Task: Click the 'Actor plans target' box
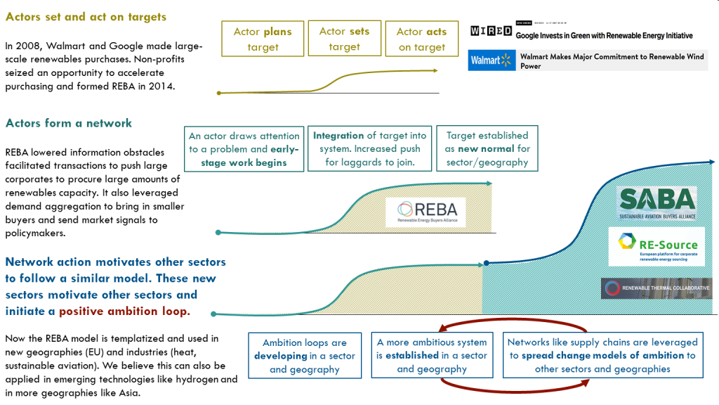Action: pyautogui.click(x=263, y=39)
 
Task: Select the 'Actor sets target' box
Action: pyautogui.click(x=344, y=39)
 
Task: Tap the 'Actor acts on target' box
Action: pyautogui.click(x=421, y=39)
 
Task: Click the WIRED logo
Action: pyautogui.click(x=491, y=31)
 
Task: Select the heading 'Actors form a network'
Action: pyautogui.click(x=69, y=123)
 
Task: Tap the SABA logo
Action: pyautogui.click(x=657, y=202)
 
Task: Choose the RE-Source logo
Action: pyautogui.click(x=657, y=245)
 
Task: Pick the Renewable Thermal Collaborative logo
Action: pyautogui.click(x=657, y=288)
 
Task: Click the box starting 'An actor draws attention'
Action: pyautogui.click(x=244, y=149)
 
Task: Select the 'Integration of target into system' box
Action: pyautogui.click(x=367, y=149)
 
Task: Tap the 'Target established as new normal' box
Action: pyautogui.click(x=487, y=148)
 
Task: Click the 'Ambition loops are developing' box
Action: pyautogui.click(x=305, y=356)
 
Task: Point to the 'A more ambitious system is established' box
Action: pyautogui.click(x=431, y=356)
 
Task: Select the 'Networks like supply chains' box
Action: pyautogui.click(x=602, y=356)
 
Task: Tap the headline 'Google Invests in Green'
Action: pyautogui.click(x=604, y=35)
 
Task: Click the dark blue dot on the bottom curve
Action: pyautogui.click(x=486, y=264)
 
